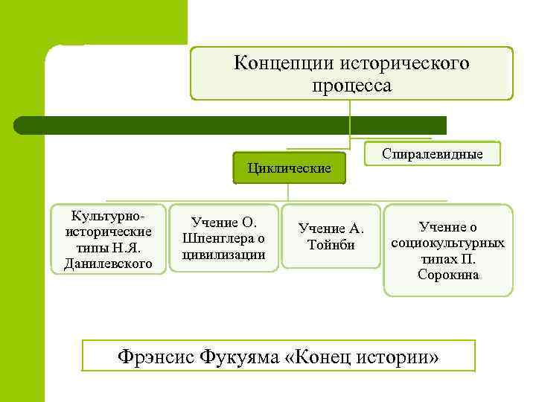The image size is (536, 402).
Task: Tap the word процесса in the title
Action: [351, 86]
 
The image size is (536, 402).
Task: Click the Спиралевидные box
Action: [432, 154]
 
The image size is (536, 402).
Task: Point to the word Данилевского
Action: [109, 263]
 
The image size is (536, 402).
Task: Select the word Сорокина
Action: [448, 275]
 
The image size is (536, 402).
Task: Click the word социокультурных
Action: [448, 243]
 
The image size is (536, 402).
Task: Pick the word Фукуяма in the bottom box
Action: [239, 357]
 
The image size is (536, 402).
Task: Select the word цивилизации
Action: [223, 254]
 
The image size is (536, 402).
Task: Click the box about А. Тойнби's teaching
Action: [331, 237]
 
